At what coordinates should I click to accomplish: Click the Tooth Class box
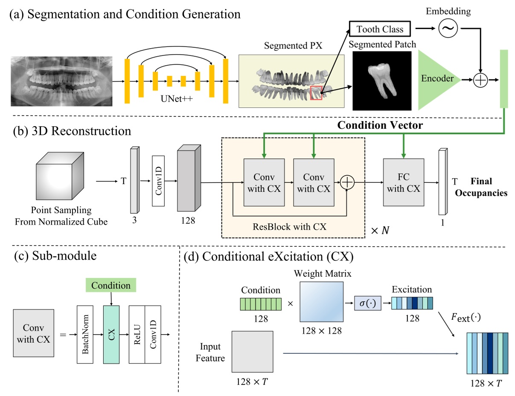(380, 29)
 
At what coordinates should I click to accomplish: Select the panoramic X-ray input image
(61, 81)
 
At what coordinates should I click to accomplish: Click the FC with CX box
(404, 182)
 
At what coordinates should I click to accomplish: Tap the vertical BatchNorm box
(84, 334)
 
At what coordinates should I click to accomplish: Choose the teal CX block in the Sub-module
(111, 334)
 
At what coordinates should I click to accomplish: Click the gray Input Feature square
(253, 352)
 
